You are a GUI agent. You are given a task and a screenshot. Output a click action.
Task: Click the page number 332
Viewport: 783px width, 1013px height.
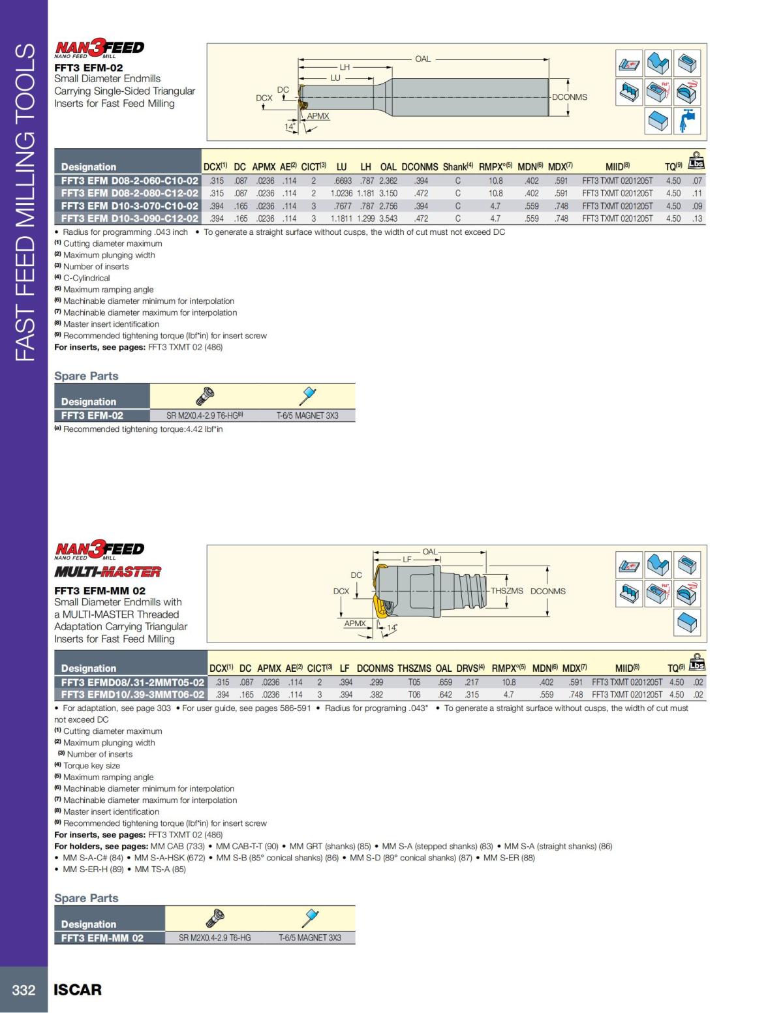tap(23, 990)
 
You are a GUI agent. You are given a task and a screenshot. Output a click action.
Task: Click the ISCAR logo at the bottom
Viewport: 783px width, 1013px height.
tap(78, 990)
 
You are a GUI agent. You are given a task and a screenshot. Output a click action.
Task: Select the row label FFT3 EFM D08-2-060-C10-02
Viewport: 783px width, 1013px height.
tap(129, 181)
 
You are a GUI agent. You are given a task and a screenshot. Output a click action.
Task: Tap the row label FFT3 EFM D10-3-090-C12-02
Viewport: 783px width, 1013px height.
tap(129, 219)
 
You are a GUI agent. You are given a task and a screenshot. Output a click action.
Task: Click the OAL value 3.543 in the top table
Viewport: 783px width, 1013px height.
tap(388, 219)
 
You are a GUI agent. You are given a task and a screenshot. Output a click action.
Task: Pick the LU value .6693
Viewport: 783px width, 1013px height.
tap(343, 181)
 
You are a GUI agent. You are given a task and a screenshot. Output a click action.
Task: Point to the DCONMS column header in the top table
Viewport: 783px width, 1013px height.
tap(420, 167)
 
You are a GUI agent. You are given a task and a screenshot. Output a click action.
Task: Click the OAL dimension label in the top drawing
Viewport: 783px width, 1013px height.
tap(423, 59)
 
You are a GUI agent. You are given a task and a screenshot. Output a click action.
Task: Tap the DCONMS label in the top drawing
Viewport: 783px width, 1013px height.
tap(570, 97)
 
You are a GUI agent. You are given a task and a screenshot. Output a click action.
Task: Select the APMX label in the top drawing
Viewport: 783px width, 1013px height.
tap(318, 116)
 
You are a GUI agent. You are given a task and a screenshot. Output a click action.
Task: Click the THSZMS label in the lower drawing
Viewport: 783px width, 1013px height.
tap(507, 591)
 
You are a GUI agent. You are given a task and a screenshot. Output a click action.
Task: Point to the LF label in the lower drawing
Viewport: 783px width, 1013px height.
tap(407, 559)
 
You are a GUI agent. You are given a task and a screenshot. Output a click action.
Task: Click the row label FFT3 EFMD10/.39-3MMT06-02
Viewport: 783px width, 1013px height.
tap(132, 695)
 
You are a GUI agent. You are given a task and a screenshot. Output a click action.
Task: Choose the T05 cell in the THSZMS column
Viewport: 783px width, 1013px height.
tap(414, 682)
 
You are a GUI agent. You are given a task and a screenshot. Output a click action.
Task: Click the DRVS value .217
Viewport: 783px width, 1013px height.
tap(472, 682)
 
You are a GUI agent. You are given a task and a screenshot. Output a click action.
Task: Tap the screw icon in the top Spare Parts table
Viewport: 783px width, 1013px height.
tap(205, 396)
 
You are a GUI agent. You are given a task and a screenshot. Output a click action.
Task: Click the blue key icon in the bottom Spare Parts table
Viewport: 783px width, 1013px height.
tap(309, 918)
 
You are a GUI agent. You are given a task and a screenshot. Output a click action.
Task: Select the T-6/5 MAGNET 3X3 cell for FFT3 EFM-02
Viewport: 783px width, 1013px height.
tap(307, 416)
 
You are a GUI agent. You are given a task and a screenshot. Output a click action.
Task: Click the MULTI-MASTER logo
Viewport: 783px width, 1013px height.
tap(108, 572)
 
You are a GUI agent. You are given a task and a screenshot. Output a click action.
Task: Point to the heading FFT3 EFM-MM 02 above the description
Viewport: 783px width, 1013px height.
tap(100, 590)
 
